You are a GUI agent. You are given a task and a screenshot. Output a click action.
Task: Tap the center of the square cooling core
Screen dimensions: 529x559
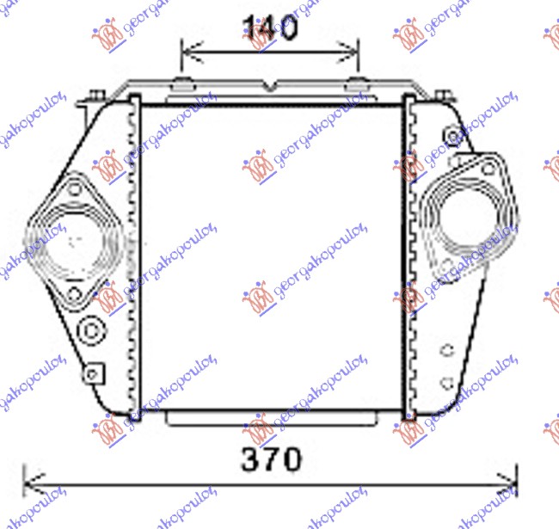pyautogui.click(x=271, y=258)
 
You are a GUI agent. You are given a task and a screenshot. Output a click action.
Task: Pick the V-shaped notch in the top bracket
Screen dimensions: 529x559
pyautogui.click(x=271, y=87)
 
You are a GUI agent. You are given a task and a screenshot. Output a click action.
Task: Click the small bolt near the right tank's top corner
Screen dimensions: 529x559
pyautogui.click(x=453, y=135)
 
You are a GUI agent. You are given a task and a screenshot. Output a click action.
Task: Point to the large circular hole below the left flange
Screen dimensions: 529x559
pyautogui.click(x=90, y=330)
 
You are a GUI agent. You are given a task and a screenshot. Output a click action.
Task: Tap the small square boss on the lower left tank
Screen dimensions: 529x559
pyautogui.click(x=93, y=372)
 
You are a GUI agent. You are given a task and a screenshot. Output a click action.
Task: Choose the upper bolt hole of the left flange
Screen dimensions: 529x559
pyautogui.click(x=75, y=188)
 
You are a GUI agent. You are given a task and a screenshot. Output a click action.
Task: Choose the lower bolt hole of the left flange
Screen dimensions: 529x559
pyautogui.click(x=76, y=295)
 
